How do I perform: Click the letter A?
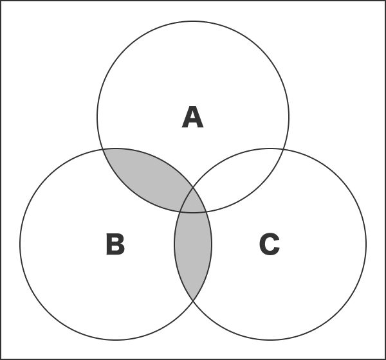click(x=193, y=117)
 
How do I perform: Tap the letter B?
click(x=115, y=244)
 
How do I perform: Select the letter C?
click(x=270, y=244)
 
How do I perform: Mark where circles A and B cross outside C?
click(x=103, y=149)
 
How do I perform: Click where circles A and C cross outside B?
click(x=283, y=149)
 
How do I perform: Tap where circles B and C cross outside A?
click(x=193, y=300)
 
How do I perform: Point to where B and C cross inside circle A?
click(x=193, y=188)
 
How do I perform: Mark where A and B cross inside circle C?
click(x=206, y=212)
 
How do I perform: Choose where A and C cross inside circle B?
click(x=180, y=212)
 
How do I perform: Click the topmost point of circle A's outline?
click(x=193, y=21)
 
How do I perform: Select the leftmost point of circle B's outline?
click(x=20, y=244)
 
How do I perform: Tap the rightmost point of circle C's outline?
click(x=366, y=244)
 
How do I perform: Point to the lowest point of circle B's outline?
click(x=116, y=340)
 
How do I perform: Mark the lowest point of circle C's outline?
click(x=270, y=340)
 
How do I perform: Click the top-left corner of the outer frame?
click(x=1, y=1)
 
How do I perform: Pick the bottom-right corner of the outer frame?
click(x=385, y=359)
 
